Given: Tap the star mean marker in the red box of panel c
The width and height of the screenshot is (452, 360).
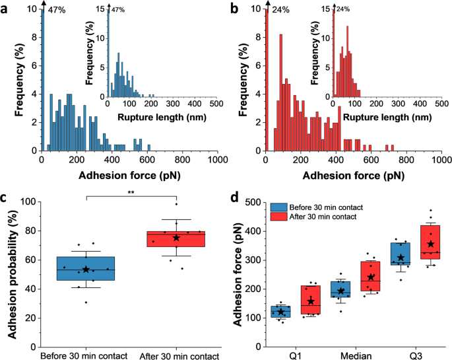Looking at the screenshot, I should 176,238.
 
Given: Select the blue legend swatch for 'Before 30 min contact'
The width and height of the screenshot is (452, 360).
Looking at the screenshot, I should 280,207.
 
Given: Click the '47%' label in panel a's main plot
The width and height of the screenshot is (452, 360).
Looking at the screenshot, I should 57,11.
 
